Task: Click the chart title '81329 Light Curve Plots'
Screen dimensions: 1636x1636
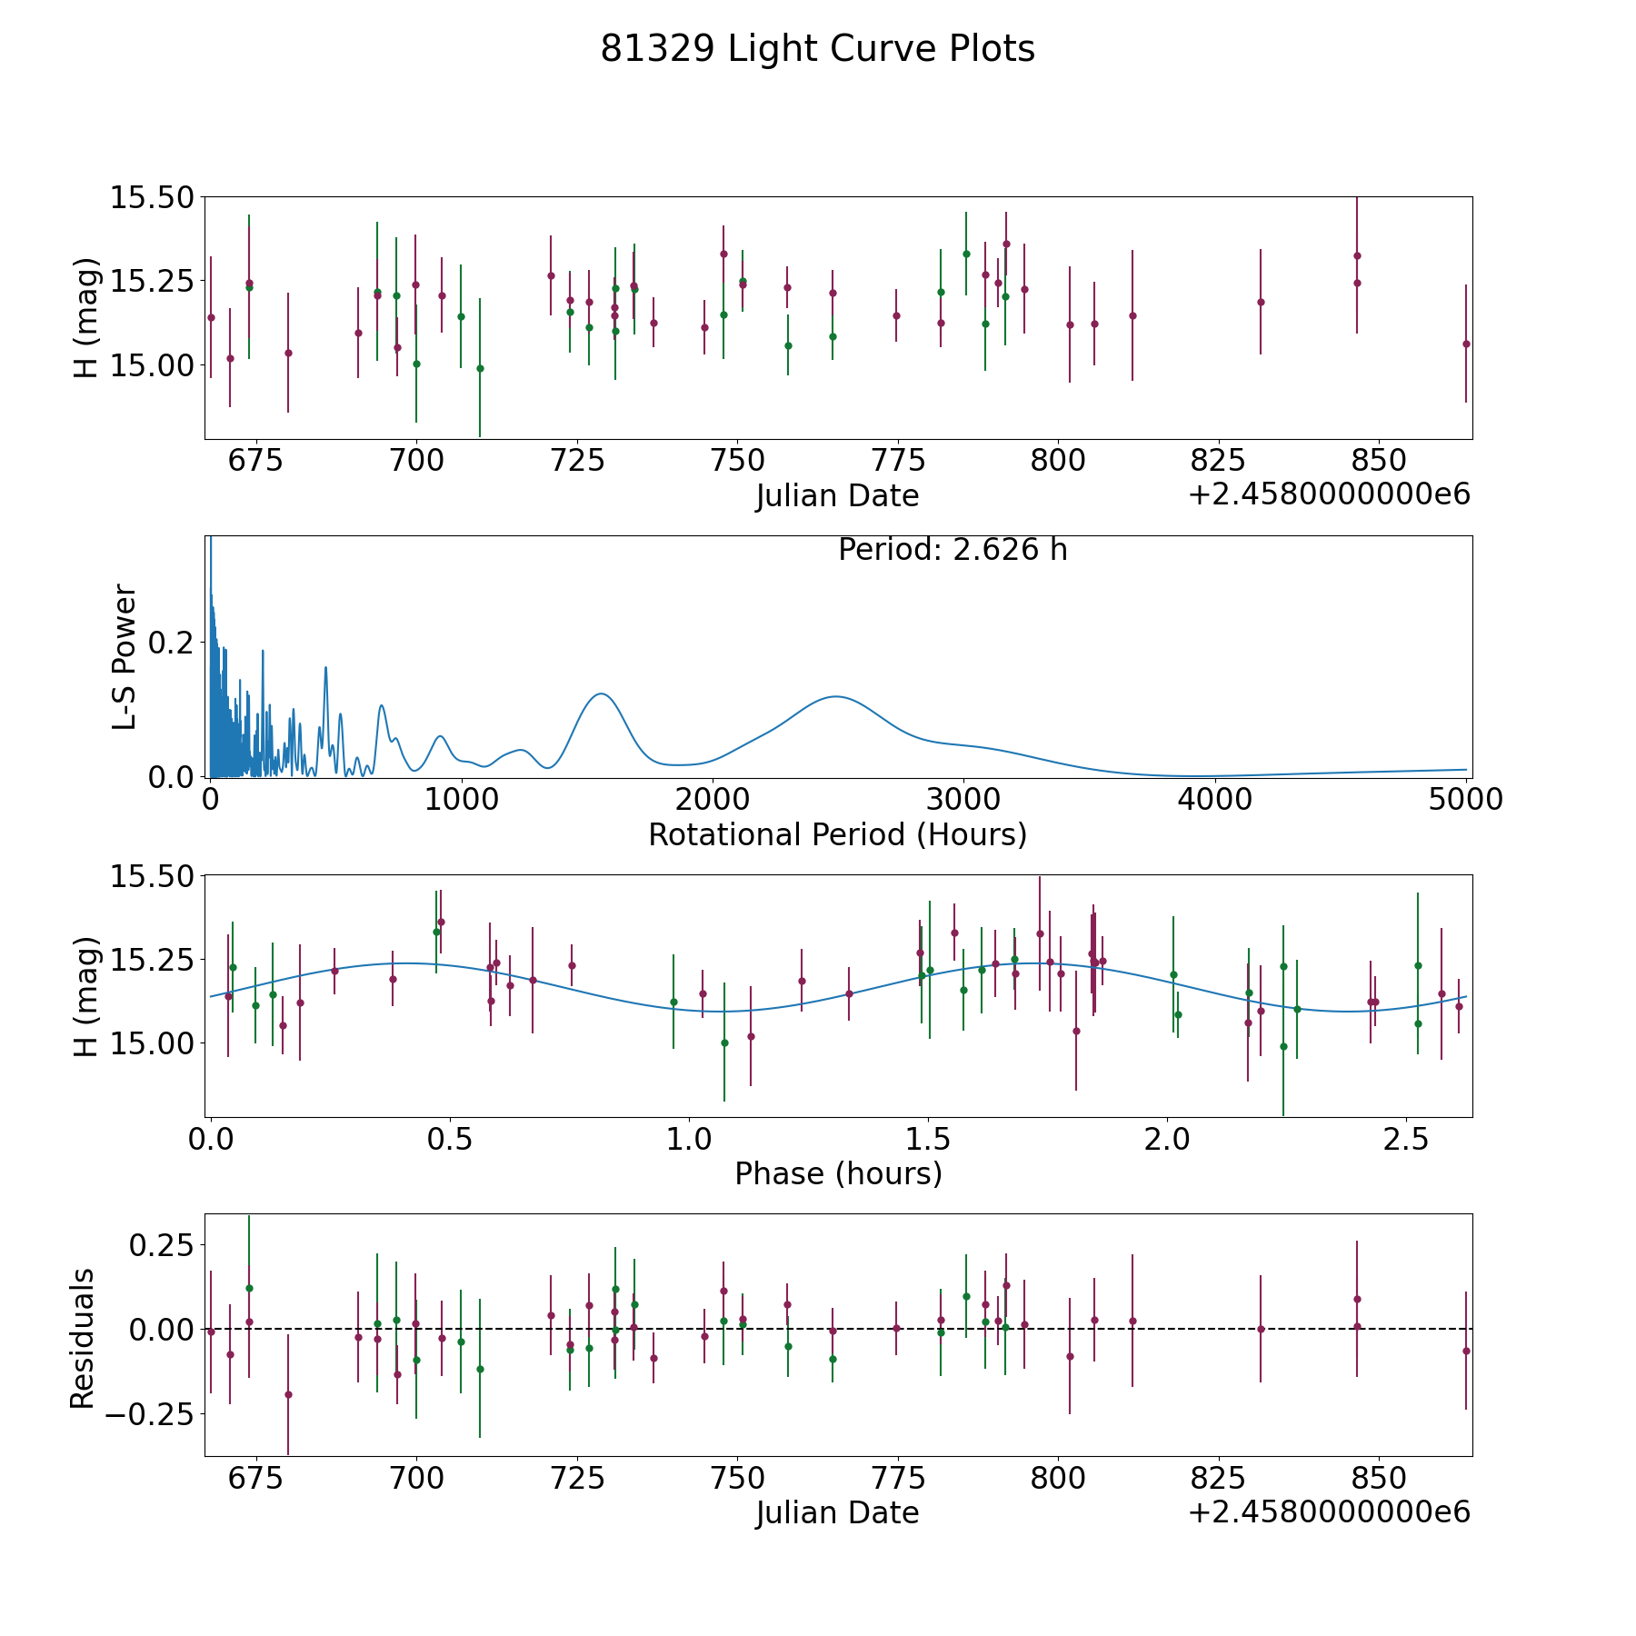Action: pyautogui.click(x=817, y=49)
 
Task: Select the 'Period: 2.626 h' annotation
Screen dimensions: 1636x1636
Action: pyautogui.click(x=953, y=550)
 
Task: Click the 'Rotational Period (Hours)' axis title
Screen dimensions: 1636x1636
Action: pyautogui.click(x=837, y=834)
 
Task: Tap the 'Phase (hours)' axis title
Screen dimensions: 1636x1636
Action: pyautogui.click(x=838, y=1174)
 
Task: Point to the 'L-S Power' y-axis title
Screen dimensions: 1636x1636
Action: pyautogui.click(x=125, y=657)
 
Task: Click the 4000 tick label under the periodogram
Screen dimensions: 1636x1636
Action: pyautogui.click(x=1214, y=799)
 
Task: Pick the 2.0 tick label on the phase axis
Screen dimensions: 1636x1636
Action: pyautogui.click(x=1167, y=1138)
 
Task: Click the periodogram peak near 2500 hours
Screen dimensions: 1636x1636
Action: pyautogui.click(x=835, y=696)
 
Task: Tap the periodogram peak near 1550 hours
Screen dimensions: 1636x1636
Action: pyautogui.click(x=601, y=693)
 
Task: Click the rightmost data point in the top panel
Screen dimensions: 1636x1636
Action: pyautogui.click(x=1466, y=344)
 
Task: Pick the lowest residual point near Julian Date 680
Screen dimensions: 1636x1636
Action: pyautogui.click(x=288, y=1394)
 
